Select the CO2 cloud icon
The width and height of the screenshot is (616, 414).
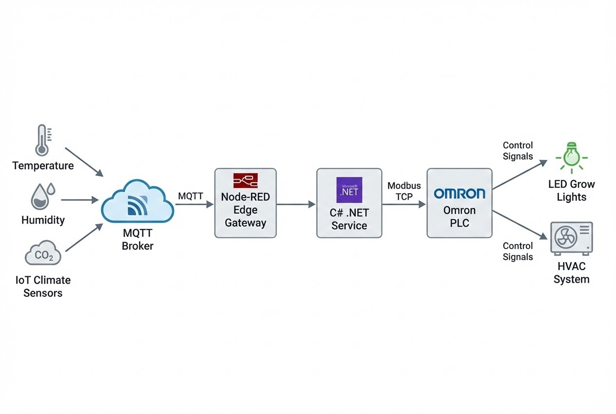[x=43, y=253]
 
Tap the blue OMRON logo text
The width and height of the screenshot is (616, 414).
[x=459, y=194]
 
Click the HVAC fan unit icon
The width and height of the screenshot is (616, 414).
[x=571, y=238]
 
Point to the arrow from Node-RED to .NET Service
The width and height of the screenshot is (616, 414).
[x=296, y=205]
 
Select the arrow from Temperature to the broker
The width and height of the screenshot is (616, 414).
[x=83, y=162]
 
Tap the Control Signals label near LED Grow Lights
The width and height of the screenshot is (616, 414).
[x=518, y=150]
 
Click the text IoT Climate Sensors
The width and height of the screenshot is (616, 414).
[x=42, y=287]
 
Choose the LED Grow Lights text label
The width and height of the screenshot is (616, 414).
[x=571, y=191]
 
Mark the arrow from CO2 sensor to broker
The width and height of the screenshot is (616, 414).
[x=84, y=237]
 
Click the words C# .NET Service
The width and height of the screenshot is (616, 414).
[x=349, y=219]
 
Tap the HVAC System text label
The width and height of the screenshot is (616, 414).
[x=571, y=273]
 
